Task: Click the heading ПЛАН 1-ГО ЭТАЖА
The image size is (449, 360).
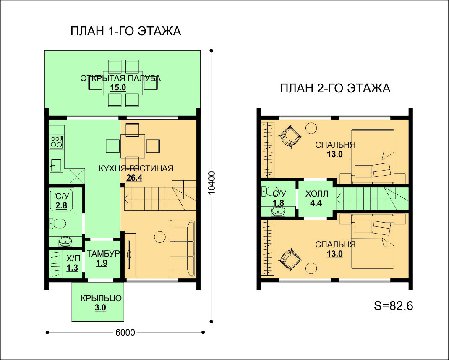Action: click(126, 31)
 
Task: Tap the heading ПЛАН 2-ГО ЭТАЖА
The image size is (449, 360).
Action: click(335, 88)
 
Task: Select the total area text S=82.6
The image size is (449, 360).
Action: click(394, 306)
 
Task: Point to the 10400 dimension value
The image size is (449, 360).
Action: click(211, 183)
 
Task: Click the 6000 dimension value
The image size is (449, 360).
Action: click(125, 332)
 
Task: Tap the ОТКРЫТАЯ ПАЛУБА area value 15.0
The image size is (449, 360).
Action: click(118, 88)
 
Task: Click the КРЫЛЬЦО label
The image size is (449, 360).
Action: click(101, 298)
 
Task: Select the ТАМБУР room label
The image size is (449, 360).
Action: click(103, 254)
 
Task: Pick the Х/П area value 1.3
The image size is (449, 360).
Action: click(72, 268)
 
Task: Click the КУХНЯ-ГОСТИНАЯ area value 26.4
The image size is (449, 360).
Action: click(134, 178)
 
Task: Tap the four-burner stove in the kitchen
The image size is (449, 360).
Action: click(56, 142)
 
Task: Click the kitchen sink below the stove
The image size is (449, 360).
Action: click(56, 165)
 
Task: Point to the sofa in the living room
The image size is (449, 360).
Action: click(182, 249)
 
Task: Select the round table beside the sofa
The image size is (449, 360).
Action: click(159, 236)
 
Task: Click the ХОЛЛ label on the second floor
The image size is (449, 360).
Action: click(316, 194)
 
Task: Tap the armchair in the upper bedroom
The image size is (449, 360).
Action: click(290, 137)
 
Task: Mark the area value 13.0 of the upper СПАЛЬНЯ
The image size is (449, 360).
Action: click(335, 155)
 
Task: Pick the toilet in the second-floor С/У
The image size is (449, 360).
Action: click(268, 192)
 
